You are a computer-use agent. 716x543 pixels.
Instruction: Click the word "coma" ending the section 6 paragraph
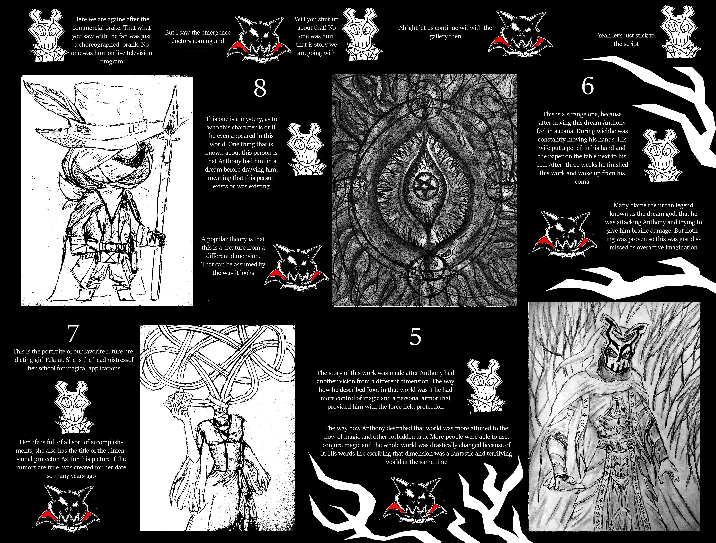click(582, 182)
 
